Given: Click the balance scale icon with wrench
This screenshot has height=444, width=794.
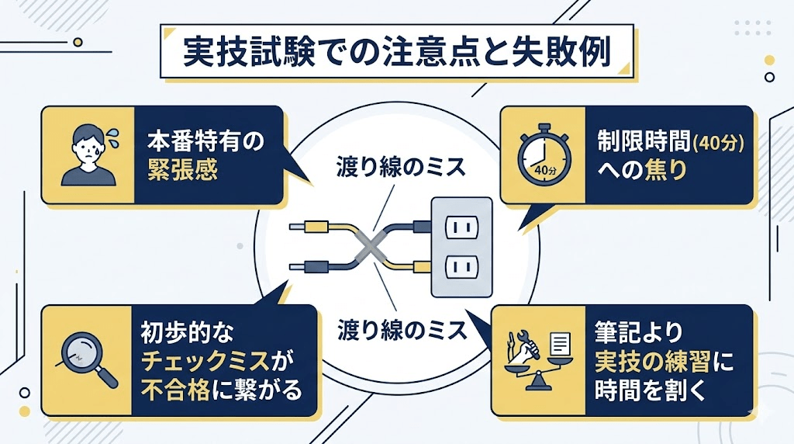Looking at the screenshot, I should [536, 359].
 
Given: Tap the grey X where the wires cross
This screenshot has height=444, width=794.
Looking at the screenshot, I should [370, 248].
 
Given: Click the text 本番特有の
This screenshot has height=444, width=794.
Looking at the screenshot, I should [203, 143].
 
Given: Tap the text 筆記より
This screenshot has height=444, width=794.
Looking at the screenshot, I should [640, 335].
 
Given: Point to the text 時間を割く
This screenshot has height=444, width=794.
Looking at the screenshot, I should [650, 390].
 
